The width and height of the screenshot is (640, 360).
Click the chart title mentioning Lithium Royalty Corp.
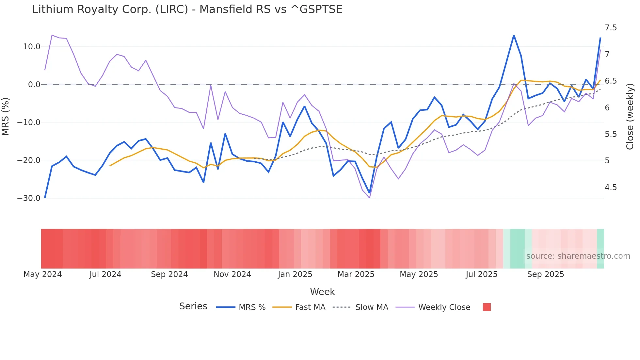[187, 9]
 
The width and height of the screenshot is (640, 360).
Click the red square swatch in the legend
[487, 307]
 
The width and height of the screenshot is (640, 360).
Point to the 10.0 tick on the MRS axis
[32, 47]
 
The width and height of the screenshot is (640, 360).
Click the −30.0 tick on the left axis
[29, 198]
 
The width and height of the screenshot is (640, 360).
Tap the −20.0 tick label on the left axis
[29, 160]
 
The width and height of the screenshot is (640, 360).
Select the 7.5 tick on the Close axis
[611, 28]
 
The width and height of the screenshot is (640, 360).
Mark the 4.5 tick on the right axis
[611, 188]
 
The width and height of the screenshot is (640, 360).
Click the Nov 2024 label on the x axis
[232, 274]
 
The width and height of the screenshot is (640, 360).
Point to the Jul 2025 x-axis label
[481, 274]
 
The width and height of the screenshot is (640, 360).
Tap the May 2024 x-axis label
[43, 274]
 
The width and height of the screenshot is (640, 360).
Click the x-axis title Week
[322, 292]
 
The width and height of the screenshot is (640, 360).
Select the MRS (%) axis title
[6, 116]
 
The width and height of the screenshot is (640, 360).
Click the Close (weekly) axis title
[630, 116]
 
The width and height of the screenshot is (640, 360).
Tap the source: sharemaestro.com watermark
[578, 256]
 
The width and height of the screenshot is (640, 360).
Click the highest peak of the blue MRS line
[514, 35]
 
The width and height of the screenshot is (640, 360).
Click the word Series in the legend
[193, 306]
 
